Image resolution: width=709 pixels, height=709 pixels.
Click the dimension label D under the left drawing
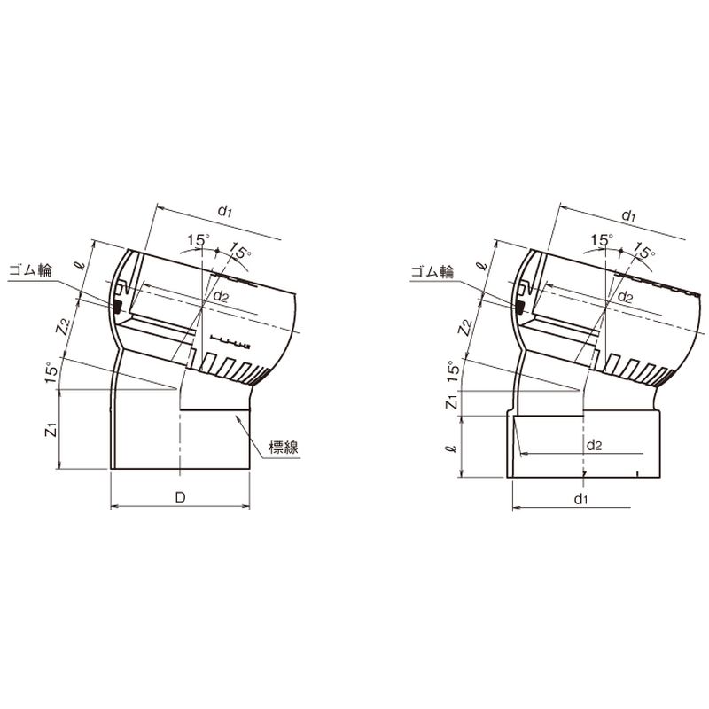click(181, 498)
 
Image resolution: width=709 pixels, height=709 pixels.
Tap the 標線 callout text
click(284, 448)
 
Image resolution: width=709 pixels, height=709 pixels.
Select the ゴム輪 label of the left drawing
click(30, 270)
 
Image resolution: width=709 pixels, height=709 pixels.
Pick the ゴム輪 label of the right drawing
click(432, 271)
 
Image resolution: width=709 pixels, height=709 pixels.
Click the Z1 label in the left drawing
click(52, 429)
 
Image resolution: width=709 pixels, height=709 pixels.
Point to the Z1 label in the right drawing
click(453, 402)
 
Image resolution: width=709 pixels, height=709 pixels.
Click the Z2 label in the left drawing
click(63, 325)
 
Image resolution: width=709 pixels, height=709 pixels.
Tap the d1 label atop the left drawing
click(225, 211)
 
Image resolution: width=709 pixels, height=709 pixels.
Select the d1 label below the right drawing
click(581, 499)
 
